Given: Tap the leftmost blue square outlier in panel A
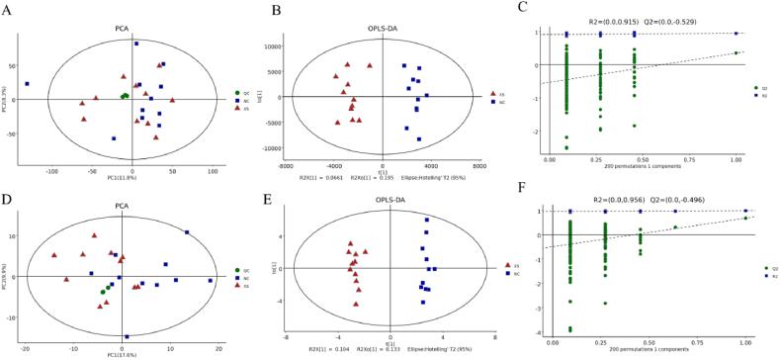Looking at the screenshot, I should (28, 84).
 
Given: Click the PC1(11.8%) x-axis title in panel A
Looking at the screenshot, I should (120, 178).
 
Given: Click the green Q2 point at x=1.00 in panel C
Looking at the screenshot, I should (737, 53).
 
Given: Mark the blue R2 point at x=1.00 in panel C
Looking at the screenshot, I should (737, 34).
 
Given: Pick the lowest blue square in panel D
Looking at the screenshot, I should (127, 336).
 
